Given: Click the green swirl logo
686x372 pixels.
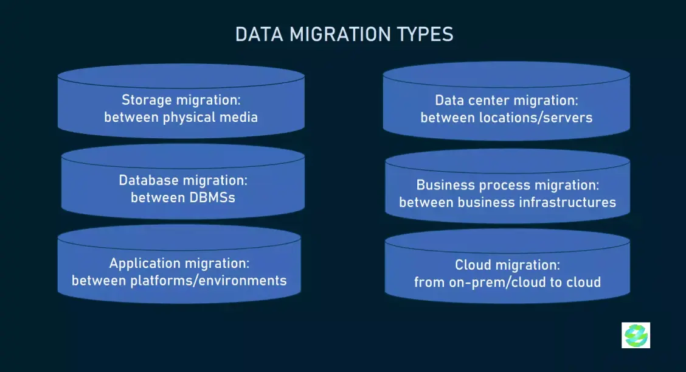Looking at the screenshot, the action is point(636,335).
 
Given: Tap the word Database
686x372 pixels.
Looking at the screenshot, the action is point(148,180).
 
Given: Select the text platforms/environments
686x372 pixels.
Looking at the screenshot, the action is point(209,281).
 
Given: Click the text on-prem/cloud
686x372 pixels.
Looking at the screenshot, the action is point(499,283).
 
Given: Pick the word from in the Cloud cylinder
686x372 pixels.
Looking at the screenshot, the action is point(429,282).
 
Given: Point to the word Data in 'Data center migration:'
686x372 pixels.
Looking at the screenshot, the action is point(449,100).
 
